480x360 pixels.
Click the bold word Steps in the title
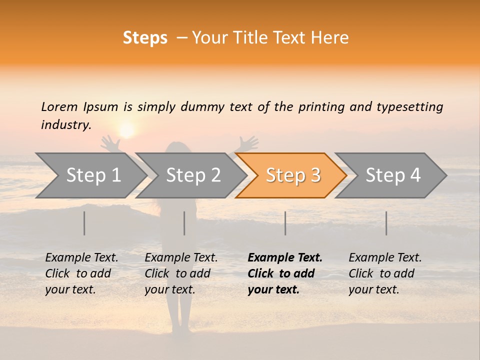145,38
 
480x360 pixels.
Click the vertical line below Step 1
84,223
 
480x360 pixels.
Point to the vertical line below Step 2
184,223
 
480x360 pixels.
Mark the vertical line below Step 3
285,223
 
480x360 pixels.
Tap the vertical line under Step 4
386,223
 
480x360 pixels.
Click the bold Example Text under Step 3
285,258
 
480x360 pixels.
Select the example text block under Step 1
81,273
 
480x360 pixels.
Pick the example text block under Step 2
181,273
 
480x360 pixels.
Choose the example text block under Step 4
385,273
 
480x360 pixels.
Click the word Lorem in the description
59,106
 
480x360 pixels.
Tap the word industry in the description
66,125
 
